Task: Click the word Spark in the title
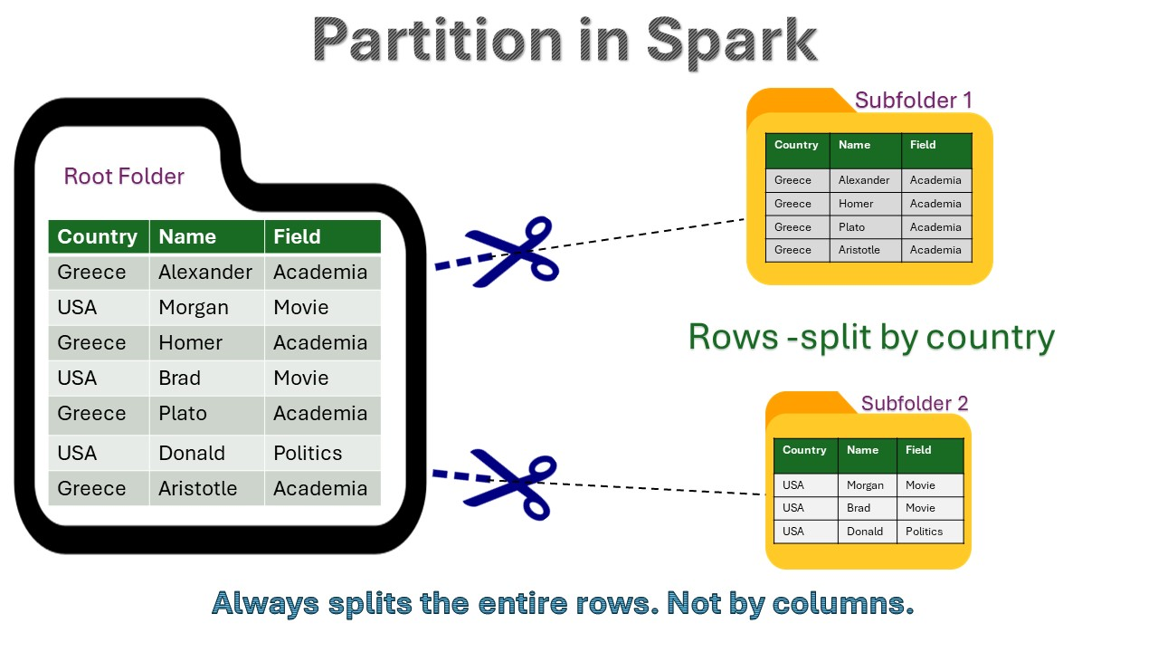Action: [732, 42]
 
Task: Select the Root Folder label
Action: [124, 177]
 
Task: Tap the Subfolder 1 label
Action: [914, 101]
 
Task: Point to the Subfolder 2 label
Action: [915, 403]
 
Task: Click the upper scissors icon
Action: [512, 252]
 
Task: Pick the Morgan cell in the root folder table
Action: [207, 307]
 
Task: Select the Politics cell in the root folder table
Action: [323, 453]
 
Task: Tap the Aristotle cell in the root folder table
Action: [207, 488]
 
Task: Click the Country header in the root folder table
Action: [99, 236]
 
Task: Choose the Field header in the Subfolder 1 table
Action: [936, 150]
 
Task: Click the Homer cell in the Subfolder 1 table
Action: [866, 204]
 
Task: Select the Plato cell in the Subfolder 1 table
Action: [866, 226]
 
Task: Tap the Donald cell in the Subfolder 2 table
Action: [867, 532]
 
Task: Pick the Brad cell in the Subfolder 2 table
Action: [867, 508]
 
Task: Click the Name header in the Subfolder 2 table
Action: [867, 455]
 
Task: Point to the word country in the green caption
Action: [990, 338]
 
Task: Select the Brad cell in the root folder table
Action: [207, 378]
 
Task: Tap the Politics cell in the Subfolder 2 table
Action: [930, 532]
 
